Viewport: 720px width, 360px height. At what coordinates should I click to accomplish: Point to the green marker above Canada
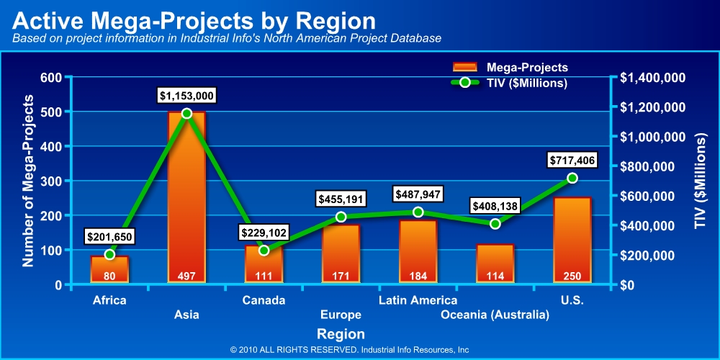pos(264,251)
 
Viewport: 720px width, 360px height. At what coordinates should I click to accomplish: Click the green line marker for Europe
pos(341,217)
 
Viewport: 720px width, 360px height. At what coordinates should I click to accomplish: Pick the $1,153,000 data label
pos(186,95)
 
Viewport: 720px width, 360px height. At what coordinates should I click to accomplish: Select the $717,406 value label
pos(572,160)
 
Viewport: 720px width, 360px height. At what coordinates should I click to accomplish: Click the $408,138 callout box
pos(495,206)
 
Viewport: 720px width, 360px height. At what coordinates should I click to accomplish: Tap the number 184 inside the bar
pos(418,276)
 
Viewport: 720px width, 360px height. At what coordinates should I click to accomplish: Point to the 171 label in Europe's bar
pos(341,276)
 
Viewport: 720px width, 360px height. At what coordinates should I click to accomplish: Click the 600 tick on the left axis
pos(50,78)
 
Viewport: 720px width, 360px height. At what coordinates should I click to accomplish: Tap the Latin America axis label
pos(418,300)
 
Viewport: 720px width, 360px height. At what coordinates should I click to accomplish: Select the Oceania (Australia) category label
pos(495,315)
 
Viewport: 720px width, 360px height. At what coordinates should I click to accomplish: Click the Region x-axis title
pos(341,334)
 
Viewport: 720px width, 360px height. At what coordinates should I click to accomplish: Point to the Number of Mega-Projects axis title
pos(28,180)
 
